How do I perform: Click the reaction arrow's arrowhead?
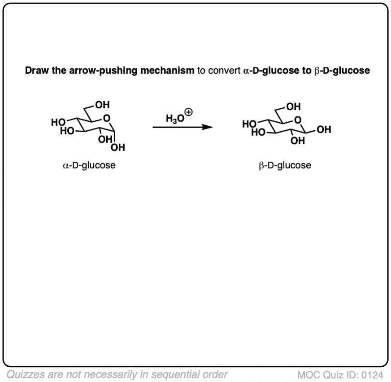[x=208, y=127]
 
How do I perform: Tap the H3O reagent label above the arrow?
[x=175, y=118]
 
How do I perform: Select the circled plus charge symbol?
[x=189, y=112]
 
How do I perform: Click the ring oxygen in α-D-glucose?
[x=107, y=118]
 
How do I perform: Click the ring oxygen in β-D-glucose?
[x=298, y=120]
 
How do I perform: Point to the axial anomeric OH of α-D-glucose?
[x=117, y=147]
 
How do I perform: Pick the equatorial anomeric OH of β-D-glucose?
[x=324, y=129]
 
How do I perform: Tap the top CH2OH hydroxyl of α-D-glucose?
[x=102, y=105]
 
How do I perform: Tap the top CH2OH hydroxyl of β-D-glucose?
[x=294, y=107]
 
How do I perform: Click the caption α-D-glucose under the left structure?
[x=89, y=165]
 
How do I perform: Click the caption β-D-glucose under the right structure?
[x=285, y=165]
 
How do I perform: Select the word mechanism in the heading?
[x=167, y=71]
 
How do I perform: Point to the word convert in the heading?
[x=225, y=71]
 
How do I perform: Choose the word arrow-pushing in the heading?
[x=103, y=71]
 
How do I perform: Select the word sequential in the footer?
[x=176, y=375]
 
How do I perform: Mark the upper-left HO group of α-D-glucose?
[x=58, y=122]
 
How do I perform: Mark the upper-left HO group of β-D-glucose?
[x=249, y=124]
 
